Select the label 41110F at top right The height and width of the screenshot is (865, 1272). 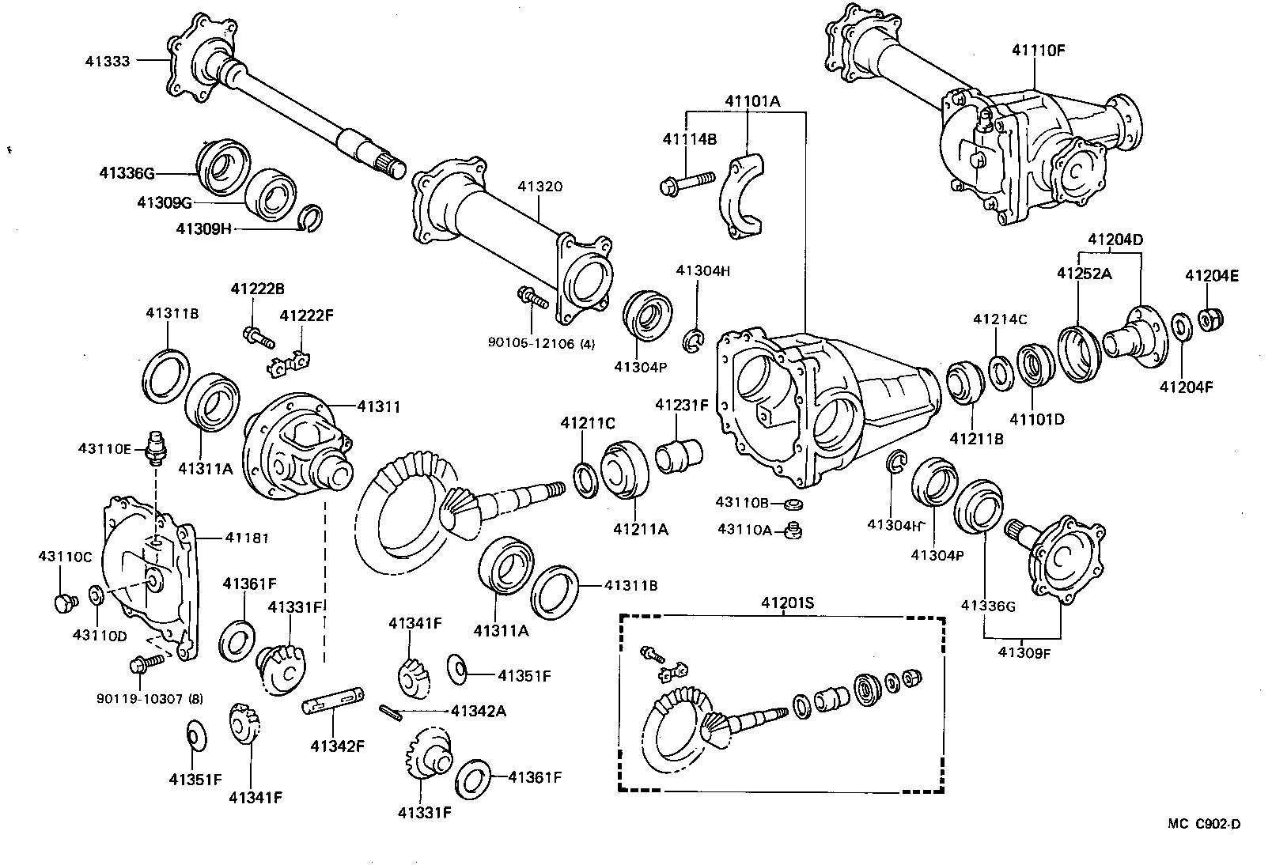[1038, 49]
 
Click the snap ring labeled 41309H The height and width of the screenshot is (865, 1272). [312, 218]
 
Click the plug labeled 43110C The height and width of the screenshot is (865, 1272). [62, 602]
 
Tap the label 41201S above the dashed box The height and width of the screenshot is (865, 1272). [787, 602]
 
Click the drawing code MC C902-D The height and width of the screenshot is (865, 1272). [1204, 824]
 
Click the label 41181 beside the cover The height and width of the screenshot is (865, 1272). [246, 538]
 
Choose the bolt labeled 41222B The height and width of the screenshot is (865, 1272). [258, 337]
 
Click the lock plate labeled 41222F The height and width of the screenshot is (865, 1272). [290, 362]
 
